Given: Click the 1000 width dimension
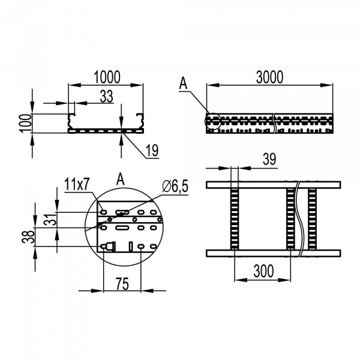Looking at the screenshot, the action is (x=107, y=77).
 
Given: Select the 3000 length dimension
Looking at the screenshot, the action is (x=269, y=77).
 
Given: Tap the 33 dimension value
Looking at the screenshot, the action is (x=107, y=97).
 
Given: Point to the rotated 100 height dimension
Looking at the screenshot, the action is (x=26, y=123).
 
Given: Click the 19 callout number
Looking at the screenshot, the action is (x=152, y=151).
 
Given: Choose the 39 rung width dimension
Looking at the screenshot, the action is (x=269, y=159).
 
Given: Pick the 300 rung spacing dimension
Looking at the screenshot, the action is (x=263, y=271).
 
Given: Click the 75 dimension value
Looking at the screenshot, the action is (x=122, y=284).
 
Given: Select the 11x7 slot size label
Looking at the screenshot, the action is (x=77, y=184).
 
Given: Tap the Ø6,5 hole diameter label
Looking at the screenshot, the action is (x=175, y=186).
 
